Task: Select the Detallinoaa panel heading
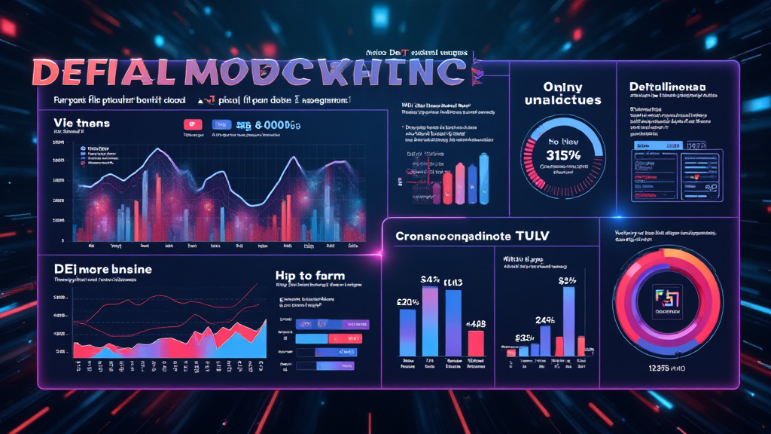tap(668, 87)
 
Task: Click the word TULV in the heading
tap(531, 236)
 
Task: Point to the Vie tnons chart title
tap(82, 122)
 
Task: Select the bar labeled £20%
tap(407, 332)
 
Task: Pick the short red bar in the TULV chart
tap(476, 342)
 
